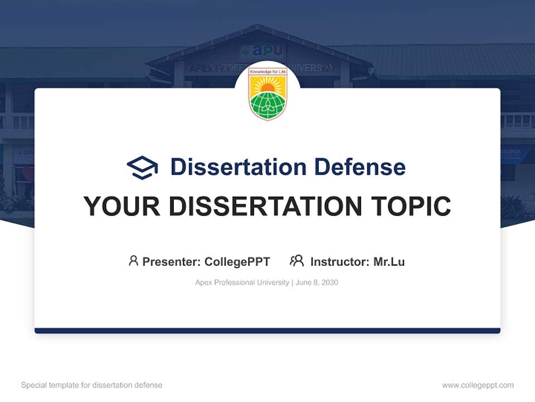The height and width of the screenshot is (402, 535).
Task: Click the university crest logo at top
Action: [267, 93]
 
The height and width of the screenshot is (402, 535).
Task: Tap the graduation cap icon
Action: [142, 167]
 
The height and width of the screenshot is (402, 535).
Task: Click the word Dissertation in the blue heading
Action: [238, 166]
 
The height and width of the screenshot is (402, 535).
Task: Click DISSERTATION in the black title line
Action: [265, 207]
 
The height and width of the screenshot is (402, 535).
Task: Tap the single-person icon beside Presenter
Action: [133, 261]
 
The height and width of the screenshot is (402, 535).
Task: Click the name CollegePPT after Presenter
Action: [237, 261]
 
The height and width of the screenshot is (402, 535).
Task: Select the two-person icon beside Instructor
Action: [296, 261]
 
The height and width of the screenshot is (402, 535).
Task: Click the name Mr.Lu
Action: [389, 261]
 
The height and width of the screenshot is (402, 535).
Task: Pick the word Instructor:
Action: [340, 261]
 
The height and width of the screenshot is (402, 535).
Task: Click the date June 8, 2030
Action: [317, 283]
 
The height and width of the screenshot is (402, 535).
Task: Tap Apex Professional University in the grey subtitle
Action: [242, 283]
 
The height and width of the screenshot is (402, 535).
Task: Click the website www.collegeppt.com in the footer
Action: [478, 385]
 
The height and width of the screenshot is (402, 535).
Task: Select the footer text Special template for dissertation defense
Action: [92, 385]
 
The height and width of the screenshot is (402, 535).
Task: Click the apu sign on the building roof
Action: [262, 51]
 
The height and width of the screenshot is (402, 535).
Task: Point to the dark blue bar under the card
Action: [267, 331]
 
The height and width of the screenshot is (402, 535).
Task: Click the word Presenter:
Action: [172, 261]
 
